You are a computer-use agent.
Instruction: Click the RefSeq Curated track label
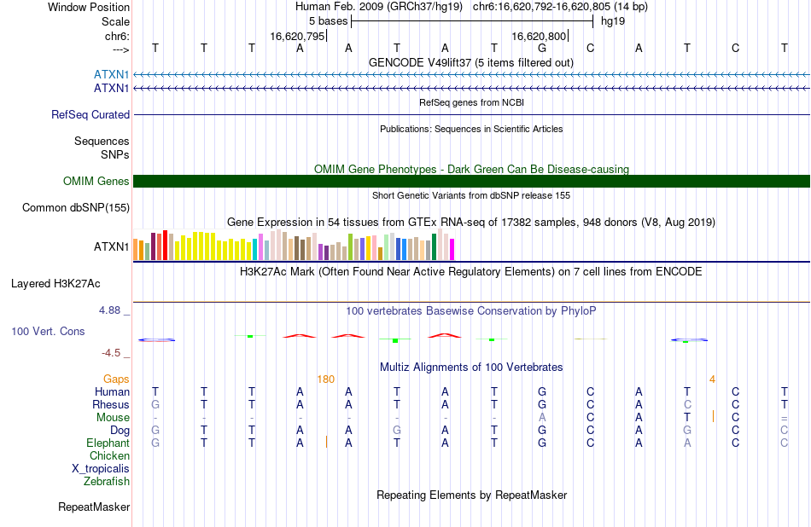(x=90, y=115)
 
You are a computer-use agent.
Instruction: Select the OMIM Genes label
(x=96, y=181)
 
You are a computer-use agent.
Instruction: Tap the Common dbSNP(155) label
(x=76, y=208)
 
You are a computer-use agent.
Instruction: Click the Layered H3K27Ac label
(x=55, y=284)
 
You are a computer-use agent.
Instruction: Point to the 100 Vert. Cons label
(x=48, y=331)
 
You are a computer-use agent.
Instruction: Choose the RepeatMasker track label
(x=94, y=507)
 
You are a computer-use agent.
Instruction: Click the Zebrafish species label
(x=107, y=482)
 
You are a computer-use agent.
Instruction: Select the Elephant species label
(x=108, y=443)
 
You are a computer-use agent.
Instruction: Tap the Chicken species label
(x=109, y=455)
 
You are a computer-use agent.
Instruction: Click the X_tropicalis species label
(x=101, y=469)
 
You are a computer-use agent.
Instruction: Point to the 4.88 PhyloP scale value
(x=109, y=310)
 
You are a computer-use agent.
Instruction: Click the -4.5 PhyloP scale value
(x=111, y=353)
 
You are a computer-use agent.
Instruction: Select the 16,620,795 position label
(x=297, y=36)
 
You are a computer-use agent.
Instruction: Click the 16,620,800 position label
(x=539, y=36)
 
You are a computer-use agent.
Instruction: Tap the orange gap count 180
(x=326, y=379)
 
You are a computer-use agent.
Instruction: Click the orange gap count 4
(x=712, y=379)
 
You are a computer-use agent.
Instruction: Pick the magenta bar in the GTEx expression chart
(x=452, y=249)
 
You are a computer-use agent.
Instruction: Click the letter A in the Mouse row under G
(x=542, y=418)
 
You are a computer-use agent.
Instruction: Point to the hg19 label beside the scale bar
(x=613, y=21)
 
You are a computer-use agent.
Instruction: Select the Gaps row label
(x=116, y=379)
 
